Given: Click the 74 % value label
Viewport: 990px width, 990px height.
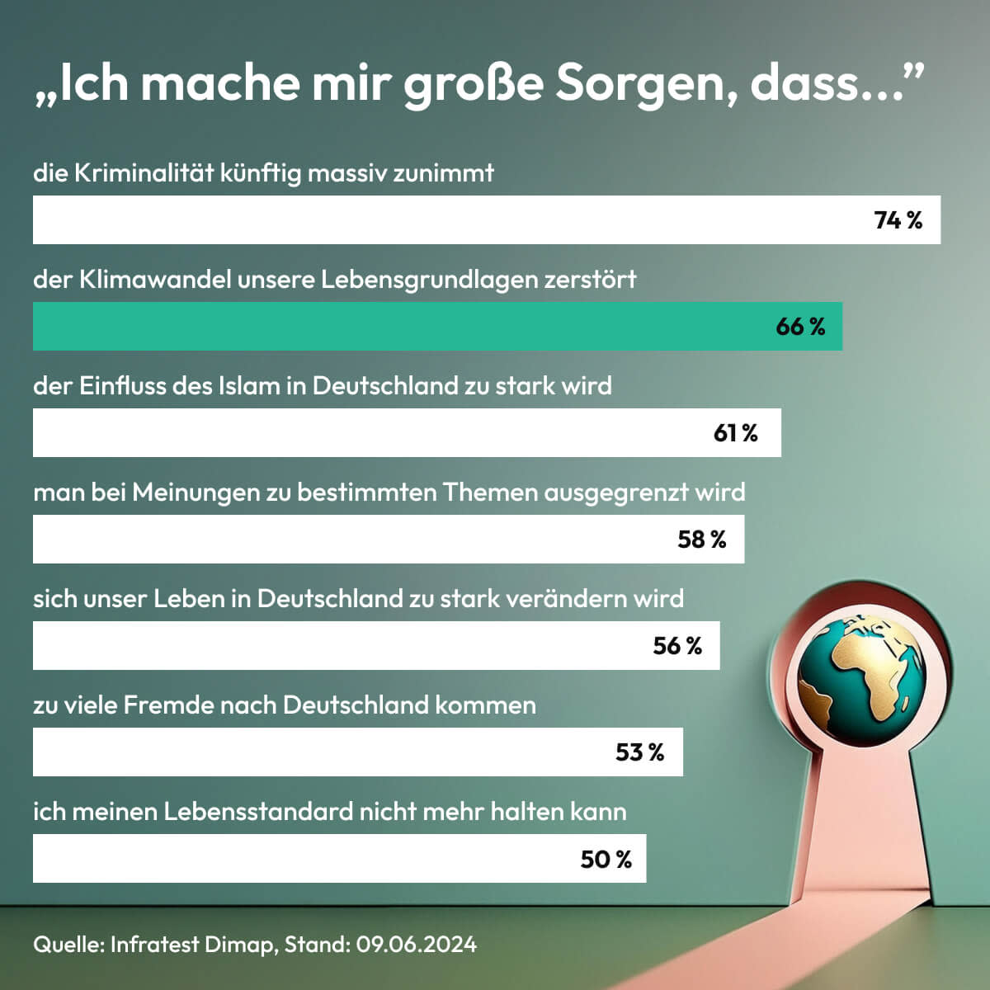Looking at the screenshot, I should [x=898, y=220].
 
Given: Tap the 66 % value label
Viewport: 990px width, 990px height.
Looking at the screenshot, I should [x=799, y=327].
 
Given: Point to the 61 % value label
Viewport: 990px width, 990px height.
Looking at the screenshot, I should [x=735, y=433].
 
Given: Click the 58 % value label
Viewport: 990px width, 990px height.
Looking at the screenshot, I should [x=701, y=540].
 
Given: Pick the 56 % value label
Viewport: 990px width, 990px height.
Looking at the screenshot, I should [x=676, y=646].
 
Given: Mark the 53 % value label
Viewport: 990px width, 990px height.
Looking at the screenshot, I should [x=639, y=752].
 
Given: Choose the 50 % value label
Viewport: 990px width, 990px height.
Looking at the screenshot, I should [x=606, y=859].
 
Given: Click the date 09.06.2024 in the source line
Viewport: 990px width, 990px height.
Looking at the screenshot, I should [x=416, y=945].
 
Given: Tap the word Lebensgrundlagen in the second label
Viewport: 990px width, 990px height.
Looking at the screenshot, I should [x=429, y=280].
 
